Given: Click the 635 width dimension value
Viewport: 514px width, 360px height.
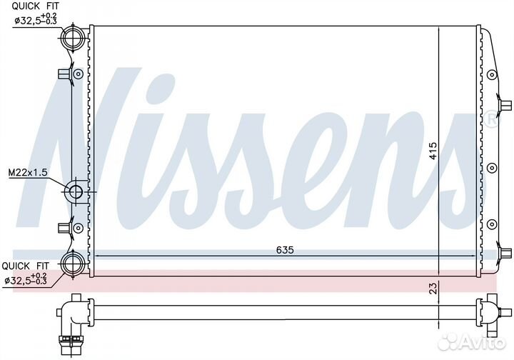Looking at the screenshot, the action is tap(285, 250).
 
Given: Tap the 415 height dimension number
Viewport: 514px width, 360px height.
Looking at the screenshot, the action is tap(433, 151).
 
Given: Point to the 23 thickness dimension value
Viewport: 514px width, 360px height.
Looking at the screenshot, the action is tap(433, 288).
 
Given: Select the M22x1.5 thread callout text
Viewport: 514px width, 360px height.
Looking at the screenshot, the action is tap(28, 172).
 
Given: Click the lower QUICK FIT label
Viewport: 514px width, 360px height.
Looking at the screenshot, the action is tap(25, 266).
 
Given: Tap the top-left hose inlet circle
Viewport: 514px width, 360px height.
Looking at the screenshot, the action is tap(73, 38).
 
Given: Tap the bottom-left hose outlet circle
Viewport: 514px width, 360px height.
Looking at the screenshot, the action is tap(73, 264).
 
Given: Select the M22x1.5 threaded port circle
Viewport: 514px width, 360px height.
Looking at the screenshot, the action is tap(76, 192).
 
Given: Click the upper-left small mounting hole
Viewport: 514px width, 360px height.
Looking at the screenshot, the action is tap(79, 74).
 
